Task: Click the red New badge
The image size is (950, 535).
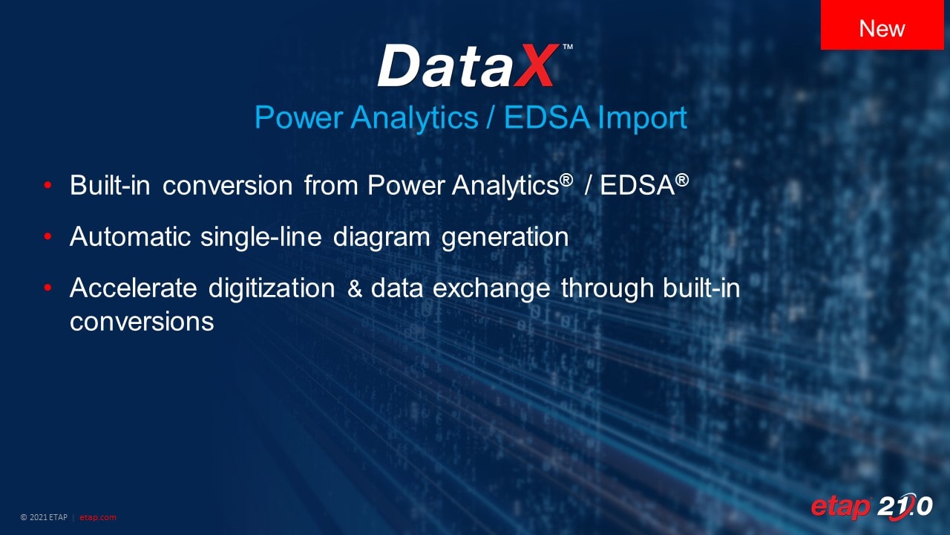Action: tap(882, 25)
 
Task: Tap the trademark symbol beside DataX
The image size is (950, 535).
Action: tap(568, 47)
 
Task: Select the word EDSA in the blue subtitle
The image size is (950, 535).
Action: tap(547, 117)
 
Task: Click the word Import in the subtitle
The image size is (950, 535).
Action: tap(642, 118)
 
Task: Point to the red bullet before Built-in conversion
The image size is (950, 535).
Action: tap(47, 185)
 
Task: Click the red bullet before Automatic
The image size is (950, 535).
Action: tap(47, 236)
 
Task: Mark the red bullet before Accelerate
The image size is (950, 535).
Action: tap(47, 288)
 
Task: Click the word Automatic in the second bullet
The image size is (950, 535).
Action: tap(130, 236)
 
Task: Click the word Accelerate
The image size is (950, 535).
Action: tap(134, 288)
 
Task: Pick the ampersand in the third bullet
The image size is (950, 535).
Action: tap(354, 288)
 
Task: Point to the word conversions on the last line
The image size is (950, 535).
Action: tap(142, 322)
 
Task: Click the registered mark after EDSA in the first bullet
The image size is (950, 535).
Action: tap(681, 180)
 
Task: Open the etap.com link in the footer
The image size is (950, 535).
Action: tap(97, 518)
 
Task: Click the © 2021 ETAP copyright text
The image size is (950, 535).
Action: tap(44, 517)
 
